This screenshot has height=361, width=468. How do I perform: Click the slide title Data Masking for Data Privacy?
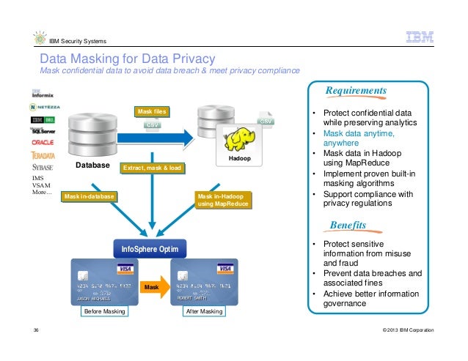(127, 58)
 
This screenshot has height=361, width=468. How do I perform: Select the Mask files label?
(150, 111)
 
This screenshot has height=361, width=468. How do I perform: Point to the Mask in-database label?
(88, 196)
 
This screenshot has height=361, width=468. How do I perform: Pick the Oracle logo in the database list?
(43, 142)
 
